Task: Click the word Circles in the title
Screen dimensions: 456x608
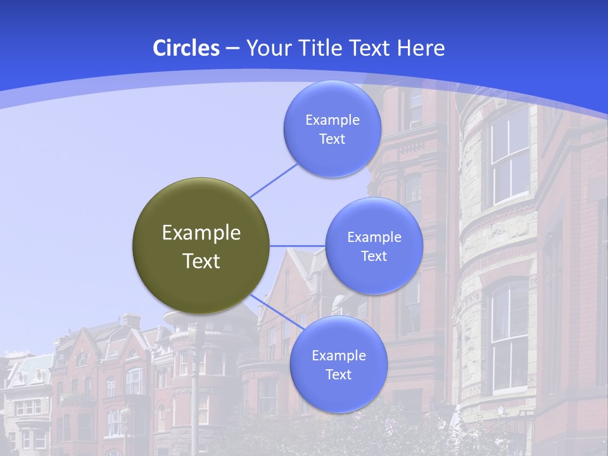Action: point(186,48)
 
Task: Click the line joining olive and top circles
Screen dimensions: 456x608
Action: point(274,180)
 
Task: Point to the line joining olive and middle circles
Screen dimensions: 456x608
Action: point(298,246)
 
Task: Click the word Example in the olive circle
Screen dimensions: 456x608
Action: point(201,233)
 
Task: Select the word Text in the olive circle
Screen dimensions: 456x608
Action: point(201,261)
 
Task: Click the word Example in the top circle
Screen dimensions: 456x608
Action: point(332,120)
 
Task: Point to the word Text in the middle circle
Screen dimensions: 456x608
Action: point(374,256)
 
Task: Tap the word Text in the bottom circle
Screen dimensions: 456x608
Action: point(338,375)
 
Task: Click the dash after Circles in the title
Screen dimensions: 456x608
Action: point(232,48)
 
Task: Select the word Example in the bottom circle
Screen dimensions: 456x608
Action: point(339,356)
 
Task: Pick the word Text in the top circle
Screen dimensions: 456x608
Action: point(332,139)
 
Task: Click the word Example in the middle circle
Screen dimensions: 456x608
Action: point(374,237)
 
